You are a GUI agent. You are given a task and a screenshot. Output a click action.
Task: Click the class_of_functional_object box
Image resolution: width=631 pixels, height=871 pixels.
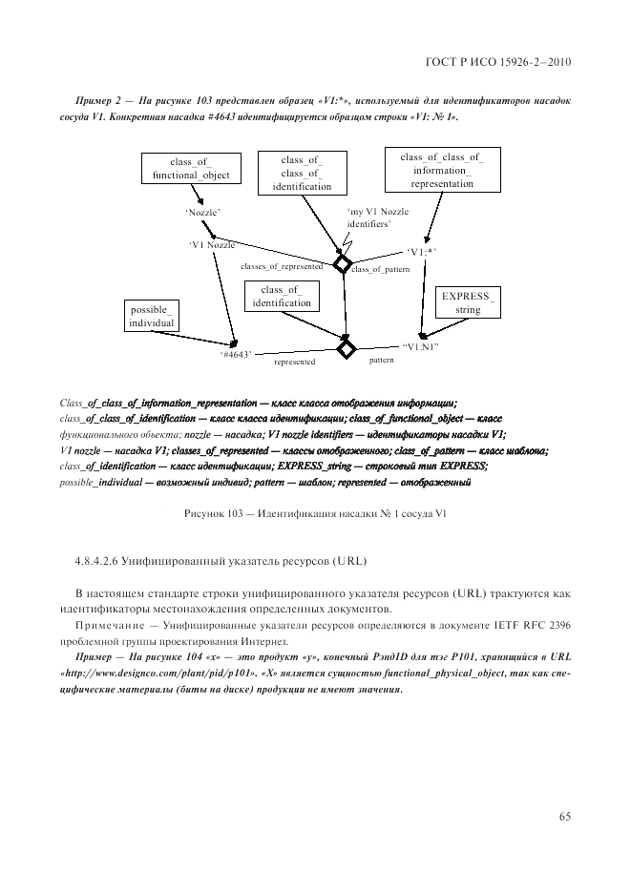point(190,169)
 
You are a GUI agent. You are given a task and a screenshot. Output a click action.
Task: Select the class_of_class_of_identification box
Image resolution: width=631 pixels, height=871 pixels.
point(301,173)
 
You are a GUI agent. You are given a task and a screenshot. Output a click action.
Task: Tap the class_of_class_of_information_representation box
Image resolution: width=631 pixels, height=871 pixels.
point(441,170)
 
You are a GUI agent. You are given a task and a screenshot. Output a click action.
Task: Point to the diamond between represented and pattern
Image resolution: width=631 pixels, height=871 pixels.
point(346,348)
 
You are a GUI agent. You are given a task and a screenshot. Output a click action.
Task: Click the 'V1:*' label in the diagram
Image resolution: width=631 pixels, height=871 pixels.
point(421,252)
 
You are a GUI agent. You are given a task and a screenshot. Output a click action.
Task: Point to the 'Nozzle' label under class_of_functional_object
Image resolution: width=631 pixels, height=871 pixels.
point(203,213)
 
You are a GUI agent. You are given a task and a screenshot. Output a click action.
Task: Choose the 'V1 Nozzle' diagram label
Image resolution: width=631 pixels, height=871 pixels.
point(212,244)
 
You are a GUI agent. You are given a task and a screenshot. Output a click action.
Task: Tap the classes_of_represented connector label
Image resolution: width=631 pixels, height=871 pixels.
point(282,267)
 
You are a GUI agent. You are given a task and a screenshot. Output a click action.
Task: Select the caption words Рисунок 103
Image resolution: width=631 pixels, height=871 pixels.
point(214,514)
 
